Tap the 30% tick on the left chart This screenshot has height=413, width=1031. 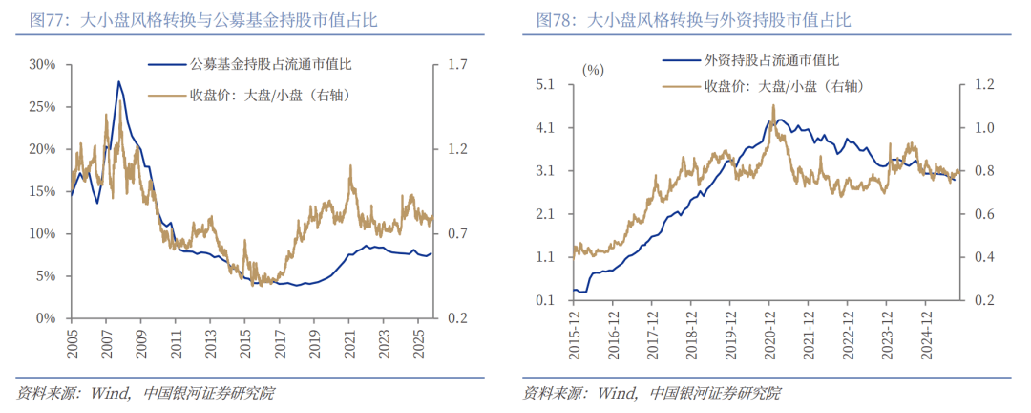coord(43,65)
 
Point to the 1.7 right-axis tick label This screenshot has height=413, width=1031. coord(456,65)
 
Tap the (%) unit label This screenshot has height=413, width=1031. coord(593,69)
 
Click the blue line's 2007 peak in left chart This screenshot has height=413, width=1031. coord(118,82)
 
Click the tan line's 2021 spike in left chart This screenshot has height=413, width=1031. coord(350,166)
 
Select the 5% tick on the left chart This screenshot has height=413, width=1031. coord(46,275)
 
